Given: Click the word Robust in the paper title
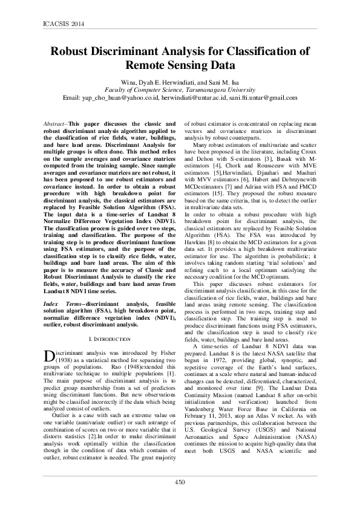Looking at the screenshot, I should pyautogui.click(x=71, y=51).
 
